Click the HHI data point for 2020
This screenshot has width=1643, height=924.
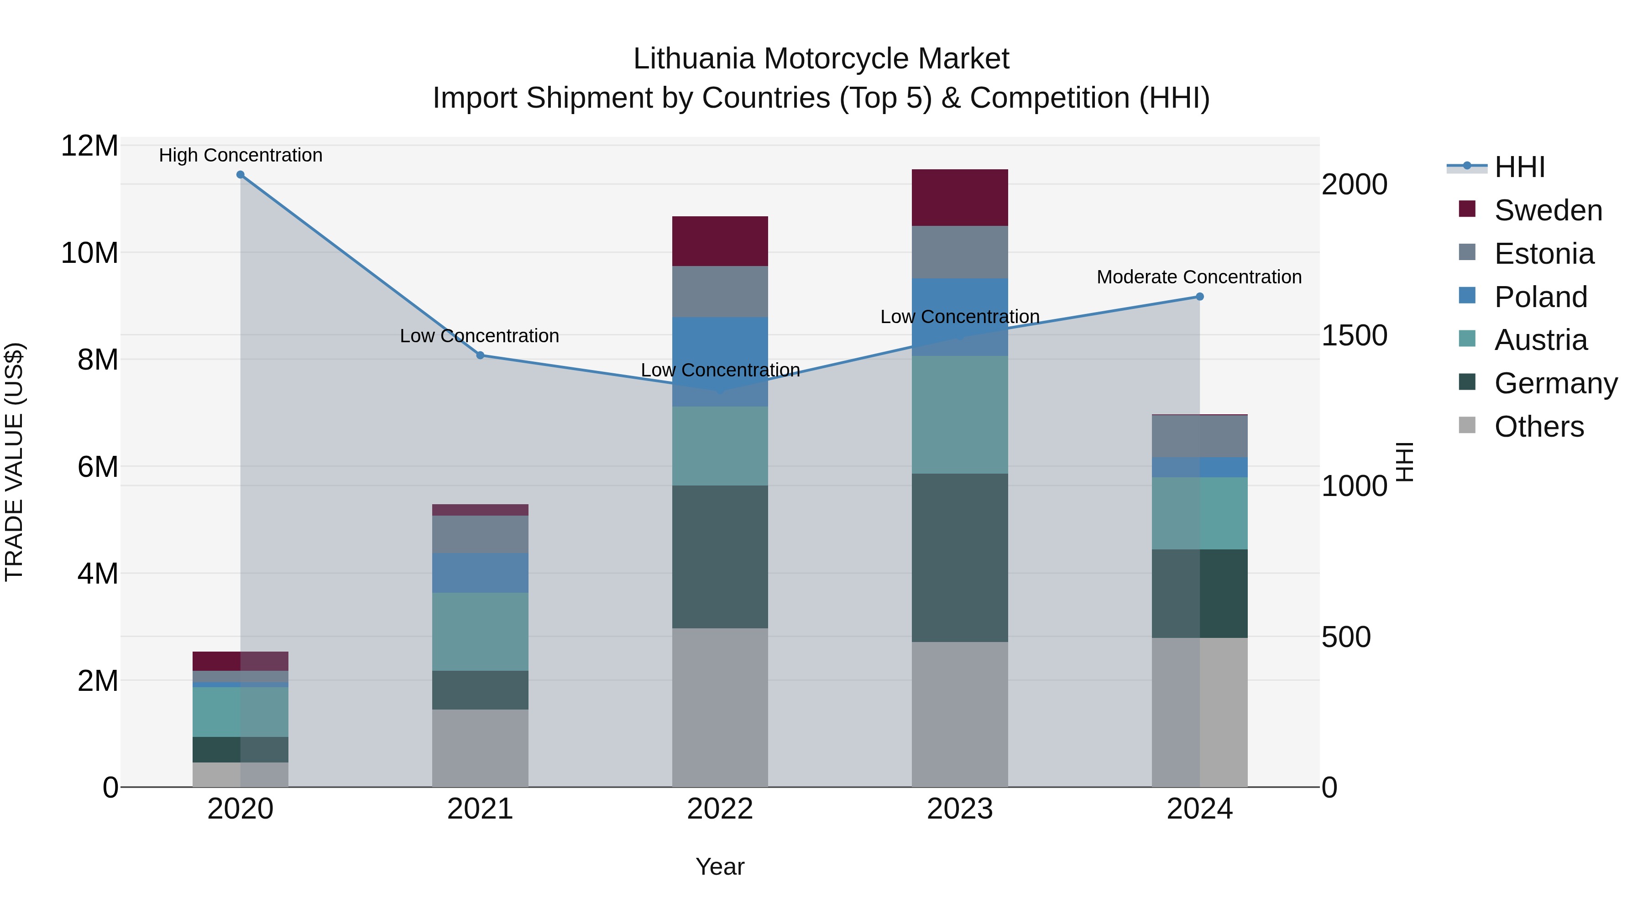coord(241,175)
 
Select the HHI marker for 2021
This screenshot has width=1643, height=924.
coord(480,355)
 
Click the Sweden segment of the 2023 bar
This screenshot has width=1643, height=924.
coord(960,198)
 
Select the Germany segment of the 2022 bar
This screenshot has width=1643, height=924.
coord(720,557)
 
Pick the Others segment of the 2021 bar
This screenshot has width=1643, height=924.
coord(480,748)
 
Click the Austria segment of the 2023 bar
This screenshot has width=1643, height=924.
coord(960,414)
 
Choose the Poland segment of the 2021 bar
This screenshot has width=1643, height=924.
coord(480,573)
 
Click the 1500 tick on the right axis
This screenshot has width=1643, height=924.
coord(1354,335)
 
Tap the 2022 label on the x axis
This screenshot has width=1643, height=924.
coord(720,809)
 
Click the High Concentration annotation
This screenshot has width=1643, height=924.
coord(241,155)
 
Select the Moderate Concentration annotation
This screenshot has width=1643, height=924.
coord(1199,277)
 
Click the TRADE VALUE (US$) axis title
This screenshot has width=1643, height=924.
coord(15,462)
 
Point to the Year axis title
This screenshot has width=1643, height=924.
coord(720,867)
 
